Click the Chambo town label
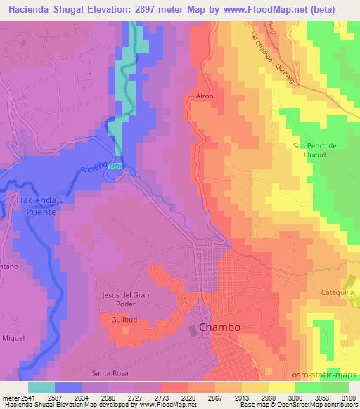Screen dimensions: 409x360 click(x=220, y=327)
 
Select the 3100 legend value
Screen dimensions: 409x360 click(x=347, y=398)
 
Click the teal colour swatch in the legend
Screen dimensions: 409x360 click(x=41, y=387)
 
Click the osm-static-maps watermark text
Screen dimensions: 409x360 click(x=331, y=372)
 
